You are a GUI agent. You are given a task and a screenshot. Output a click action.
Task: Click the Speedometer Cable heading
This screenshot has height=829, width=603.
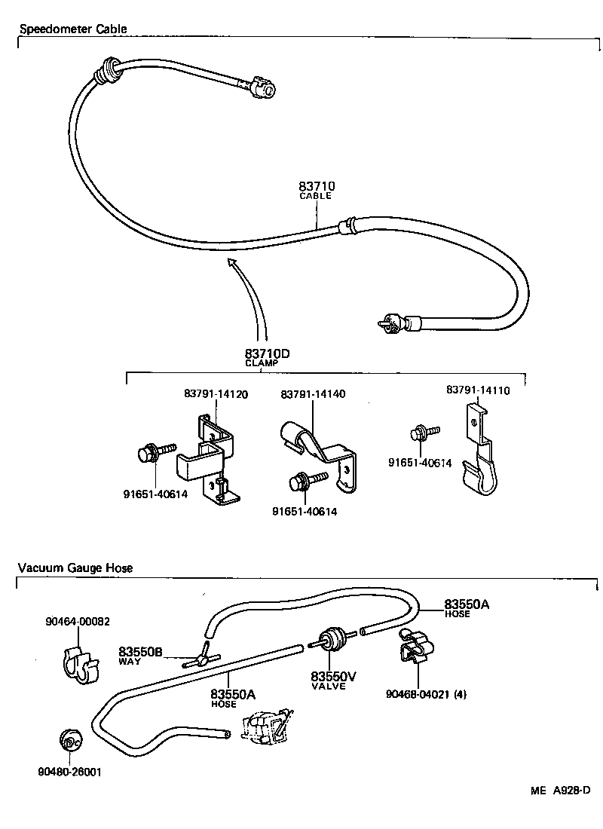point(73,29)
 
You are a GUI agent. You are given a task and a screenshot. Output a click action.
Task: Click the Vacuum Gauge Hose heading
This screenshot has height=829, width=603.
point(75,568)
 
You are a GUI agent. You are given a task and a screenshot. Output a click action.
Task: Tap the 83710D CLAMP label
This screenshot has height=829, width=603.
point(267,356)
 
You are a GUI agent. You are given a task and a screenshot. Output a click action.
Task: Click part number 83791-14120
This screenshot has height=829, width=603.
point(216,393)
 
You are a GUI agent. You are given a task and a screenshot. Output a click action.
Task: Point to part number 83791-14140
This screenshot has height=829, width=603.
point(314,394)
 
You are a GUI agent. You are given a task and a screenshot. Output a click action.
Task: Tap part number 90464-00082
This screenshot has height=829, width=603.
point(78,622)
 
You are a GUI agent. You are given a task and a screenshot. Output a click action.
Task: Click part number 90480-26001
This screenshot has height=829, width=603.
point(69,772)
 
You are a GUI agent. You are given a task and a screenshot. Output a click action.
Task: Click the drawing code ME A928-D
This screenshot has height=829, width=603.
point(559,791)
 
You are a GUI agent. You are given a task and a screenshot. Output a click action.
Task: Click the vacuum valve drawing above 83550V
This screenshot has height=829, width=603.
point(332,641)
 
